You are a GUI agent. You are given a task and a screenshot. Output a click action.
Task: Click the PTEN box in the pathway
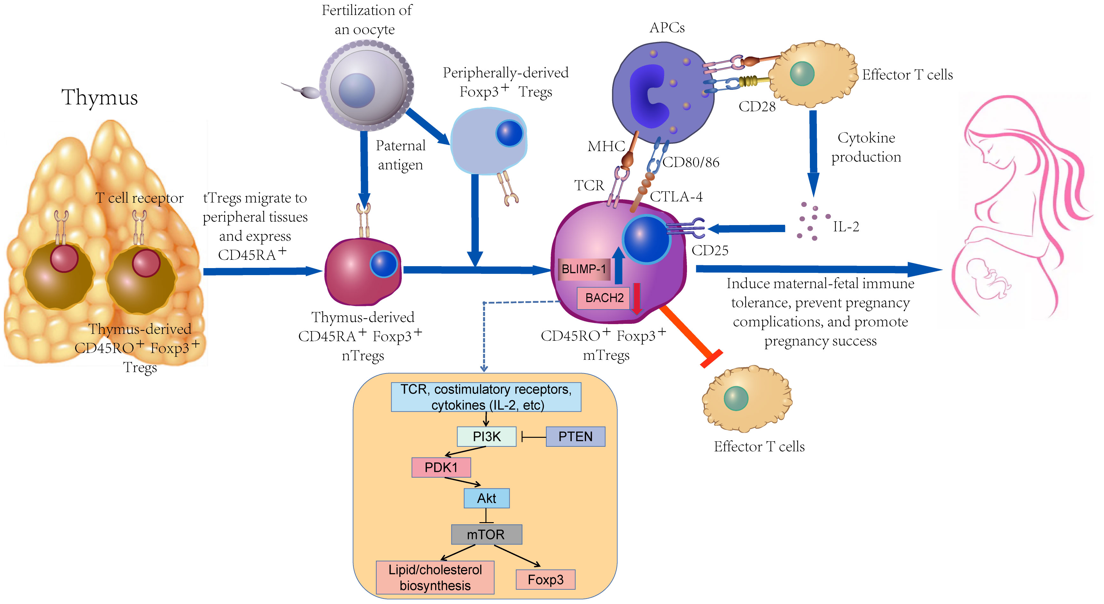click(x=575, y=437)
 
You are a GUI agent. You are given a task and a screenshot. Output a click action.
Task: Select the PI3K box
click(x=486, y=437)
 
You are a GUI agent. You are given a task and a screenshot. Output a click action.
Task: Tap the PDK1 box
click(x=441, y=467)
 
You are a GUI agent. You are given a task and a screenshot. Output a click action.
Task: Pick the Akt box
click(x=486, y=498)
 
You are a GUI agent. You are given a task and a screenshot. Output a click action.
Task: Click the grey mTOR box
click(x=486, y=534)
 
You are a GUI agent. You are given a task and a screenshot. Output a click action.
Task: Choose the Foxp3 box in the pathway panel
click(x=545, y=579)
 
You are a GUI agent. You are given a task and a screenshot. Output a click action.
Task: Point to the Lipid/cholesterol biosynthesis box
click(x=435, y=578)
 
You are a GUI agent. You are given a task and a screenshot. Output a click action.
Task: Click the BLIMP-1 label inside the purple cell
click(x=584, y=269)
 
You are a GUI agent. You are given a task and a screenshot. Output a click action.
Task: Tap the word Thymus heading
click(x=99, y=97)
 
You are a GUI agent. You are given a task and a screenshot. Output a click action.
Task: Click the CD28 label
click(x=757, y=107)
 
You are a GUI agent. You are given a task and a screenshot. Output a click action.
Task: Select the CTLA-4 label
click(x=676, y=197)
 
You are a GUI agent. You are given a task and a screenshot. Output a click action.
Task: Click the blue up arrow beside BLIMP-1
click(x=619, y=265)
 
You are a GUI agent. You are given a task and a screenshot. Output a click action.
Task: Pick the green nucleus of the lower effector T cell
click(x=736, y=398)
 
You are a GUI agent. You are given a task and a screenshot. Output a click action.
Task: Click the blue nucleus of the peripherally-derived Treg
click(x=510, y=133)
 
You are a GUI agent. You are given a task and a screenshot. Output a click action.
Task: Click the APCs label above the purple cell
click(x=667, y=27)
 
